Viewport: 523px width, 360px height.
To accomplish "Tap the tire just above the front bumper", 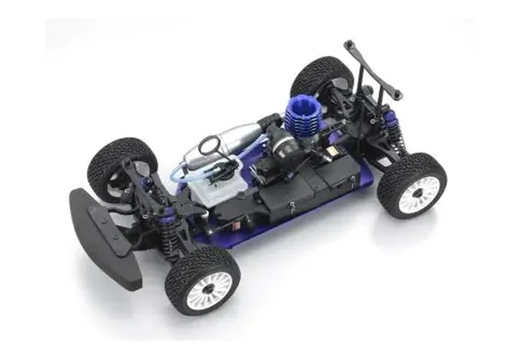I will [118, 164].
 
